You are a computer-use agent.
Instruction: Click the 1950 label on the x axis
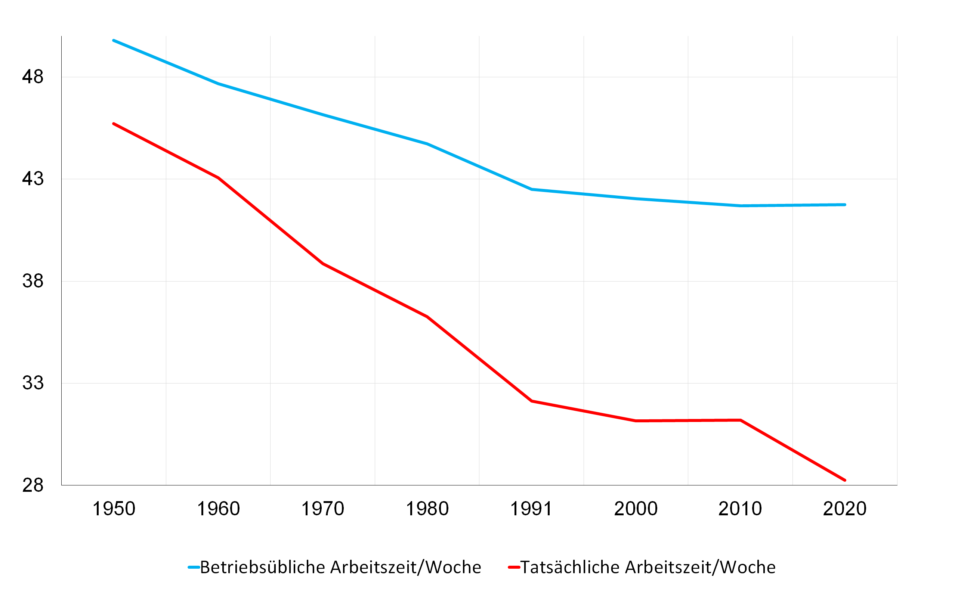(x=114, y=509)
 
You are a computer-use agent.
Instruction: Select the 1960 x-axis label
(x=218, y=509)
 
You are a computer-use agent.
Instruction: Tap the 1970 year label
(x=323, y=509)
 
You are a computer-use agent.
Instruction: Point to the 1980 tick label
(x=427, y=509)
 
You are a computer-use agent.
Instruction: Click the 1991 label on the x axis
(x=531, y=509)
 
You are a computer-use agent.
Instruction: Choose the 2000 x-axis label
(x=636, y=509)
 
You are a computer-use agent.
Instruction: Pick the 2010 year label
(x=740, y=509)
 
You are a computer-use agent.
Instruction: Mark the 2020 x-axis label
(x=845, y=509)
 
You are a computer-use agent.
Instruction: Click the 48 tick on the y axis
(x=33, y=77)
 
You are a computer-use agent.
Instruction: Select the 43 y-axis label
(x=33, y=179)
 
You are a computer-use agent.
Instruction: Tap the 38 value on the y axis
(x=33, y=281)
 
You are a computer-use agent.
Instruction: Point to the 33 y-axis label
(x=33, y=383)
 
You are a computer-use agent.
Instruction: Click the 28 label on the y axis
(x=33, y=485)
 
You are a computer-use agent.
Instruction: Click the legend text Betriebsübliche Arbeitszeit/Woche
(x=340, y=567)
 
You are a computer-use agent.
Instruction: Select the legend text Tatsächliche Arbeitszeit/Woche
(x=648, y=567)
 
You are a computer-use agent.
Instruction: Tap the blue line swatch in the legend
(x=194, y=567)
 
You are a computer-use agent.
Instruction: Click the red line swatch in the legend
(x=514, y=567)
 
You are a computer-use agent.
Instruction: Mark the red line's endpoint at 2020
(x=845, y=480)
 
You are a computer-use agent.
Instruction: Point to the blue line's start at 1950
(x=114, y=40)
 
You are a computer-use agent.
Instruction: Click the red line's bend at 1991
(x=532, y=401)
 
